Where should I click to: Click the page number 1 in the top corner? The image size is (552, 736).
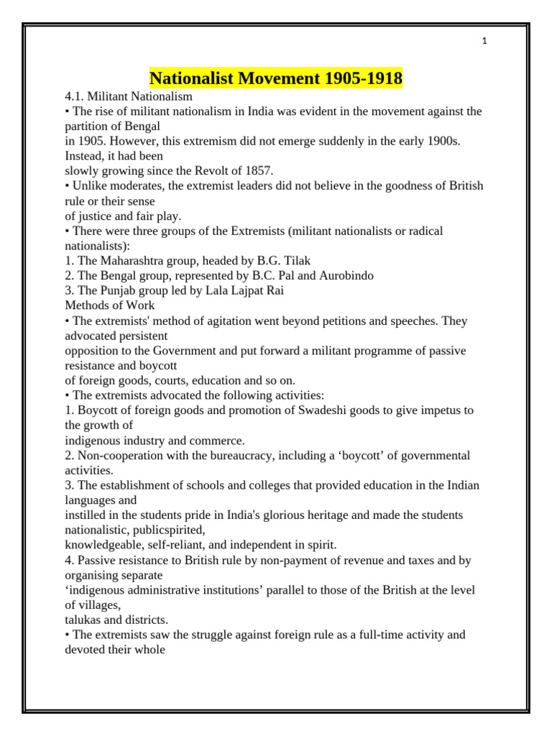click(x=484, y=42)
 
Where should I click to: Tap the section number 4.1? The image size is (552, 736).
click(x=75, y=96)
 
